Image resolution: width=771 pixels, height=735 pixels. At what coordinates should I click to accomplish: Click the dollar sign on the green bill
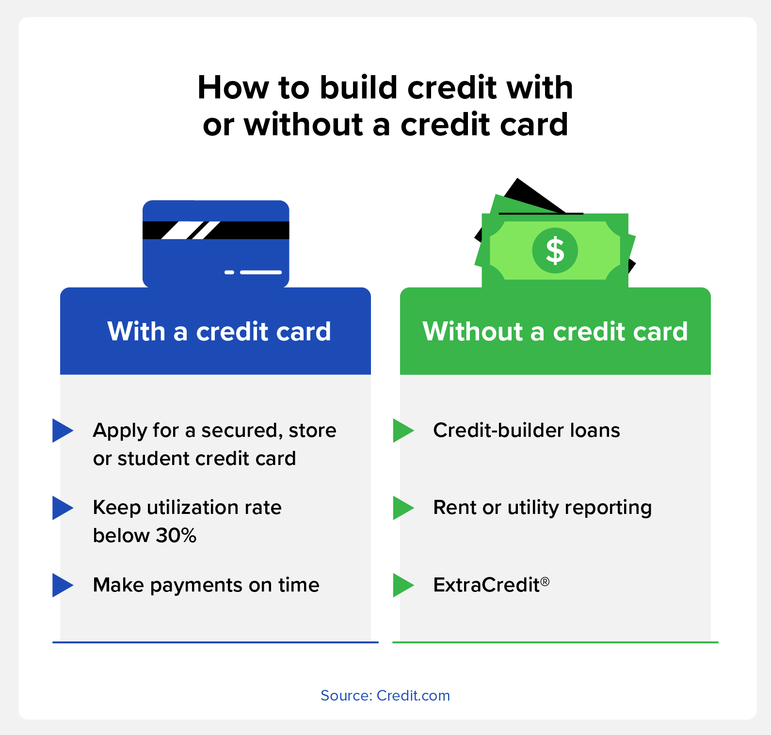click(555, 251)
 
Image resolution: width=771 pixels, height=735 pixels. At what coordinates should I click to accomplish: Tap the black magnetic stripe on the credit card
click(216, 230)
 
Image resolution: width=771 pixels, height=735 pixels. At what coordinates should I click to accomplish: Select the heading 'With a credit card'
click(219, 332)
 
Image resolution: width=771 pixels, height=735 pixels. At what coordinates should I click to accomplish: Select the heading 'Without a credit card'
click(555, 332)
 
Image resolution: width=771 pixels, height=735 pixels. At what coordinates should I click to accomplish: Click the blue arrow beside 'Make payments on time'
click(63, 585)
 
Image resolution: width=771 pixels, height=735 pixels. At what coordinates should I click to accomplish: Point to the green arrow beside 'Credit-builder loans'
click(403, 431)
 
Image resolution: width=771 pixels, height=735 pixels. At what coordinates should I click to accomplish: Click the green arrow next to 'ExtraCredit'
click(403, 585)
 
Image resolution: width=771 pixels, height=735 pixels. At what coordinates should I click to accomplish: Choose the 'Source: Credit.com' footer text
click(385, 696)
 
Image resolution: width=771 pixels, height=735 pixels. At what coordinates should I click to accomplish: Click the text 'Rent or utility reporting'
click(543, 508)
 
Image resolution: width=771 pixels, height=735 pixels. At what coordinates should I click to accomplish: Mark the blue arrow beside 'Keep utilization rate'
click(63, 508)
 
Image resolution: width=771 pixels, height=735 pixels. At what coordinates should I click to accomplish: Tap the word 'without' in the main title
click(304, 125)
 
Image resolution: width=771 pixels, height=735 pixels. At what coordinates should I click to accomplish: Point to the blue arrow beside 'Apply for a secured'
click(63, 431)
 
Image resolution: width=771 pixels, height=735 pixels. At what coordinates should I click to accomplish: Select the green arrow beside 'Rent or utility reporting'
click(403, 508)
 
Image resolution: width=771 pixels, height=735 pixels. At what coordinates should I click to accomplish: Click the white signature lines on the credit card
click(253, 272)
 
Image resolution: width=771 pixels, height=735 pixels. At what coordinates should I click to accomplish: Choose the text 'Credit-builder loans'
click(527, 431)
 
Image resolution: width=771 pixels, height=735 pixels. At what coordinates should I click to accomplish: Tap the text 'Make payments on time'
click(206, 586)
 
